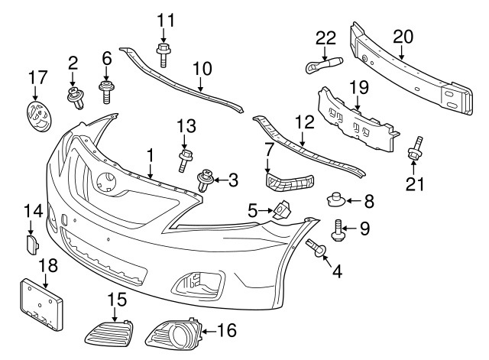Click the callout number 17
coord(36,76)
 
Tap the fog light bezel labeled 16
coord(175,333)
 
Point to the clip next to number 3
coord(205,181)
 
